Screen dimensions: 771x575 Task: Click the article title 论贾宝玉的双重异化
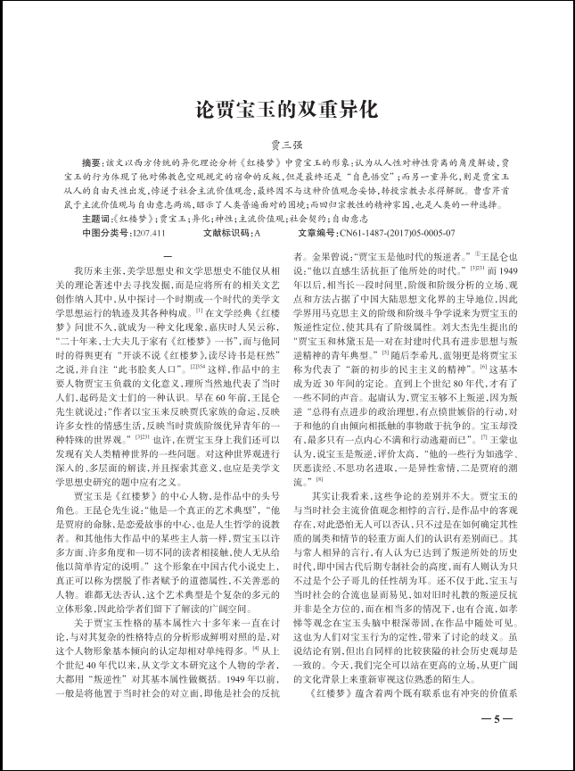(287, 111)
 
